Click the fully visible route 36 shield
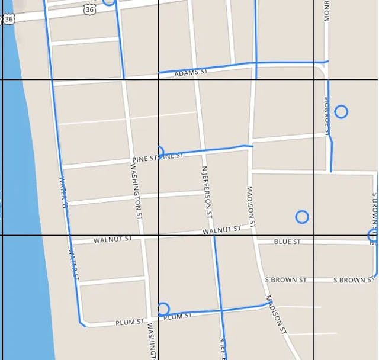(x=89, y=9)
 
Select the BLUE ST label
(x=287, y=242)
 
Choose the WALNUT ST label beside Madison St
(x=221, y=230)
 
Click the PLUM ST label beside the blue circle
(x=177, y=317)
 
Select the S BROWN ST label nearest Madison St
(x=285, y=279)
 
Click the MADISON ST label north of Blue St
(x=250, y=207)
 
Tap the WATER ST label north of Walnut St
(x=64, y=191)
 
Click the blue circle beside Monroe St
(x=341, y=111)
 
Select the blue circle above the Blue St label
(x=302, y=217)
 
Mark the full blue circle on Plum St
(x=163, y=308)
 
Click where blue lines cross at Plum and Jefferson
(x=221, y=310)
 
